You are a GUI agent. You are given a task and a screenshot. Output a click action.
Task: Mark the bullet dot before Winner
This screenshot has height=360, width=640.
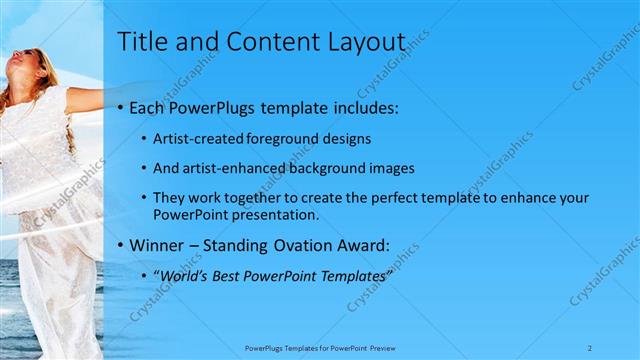121,243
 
